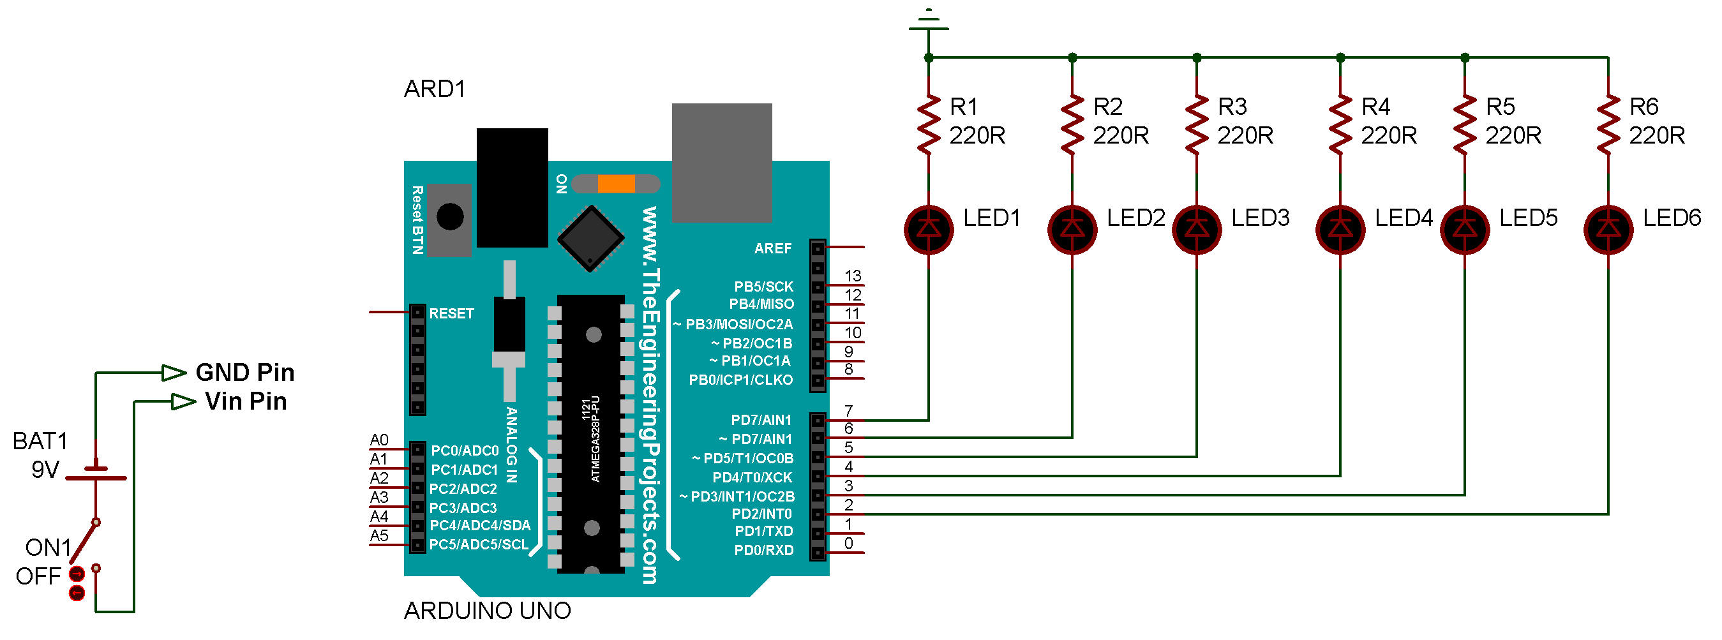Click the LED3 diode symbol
1197,229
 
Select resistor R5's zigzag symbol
1465,124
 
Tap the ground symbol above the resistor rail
929,20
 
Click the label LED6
1672,218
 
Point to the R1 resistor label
963,106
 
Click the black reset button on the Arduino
450,216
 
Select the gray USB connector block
722,162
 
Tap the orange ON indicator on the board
617,184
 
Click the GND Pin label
244,372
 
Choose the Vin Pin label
245,401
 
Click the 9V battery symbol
96,472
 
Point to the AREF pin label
773,248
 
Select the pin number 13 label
852,275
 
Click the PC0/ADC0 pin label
465,450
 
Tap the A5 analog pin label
379,535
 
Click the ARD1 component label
435,89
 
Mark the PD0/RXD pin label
763,551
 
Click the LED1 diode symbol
929,229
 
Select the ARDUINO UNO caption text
488,611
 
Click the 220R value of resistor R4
1388,136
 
